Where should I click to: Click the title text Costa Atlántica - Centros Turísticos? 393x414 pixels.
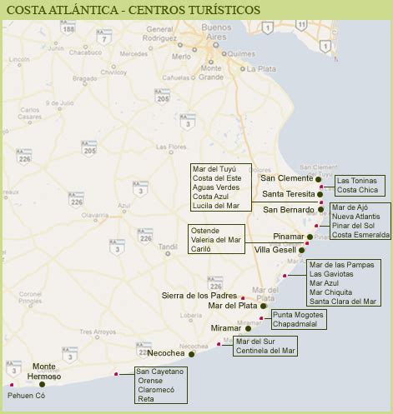[133, 9]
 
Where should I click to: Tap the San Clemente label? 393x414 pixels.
[286, 178]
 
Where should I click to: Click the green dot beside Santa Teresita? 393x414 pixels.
[320, 194]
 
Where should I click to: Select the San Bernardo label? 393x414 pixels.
[289, 209]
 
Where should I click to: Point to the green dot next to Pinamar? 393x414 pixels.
[310, 237]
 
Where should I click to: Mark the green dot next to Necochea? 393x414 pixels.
[191, 354]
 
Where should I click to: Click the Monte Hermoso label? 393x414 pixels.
[47, 372]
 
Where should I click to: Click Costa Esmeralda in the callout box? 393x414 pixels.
[360, 235]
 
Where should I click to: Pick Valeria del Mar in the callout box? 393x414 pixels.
[215, 240]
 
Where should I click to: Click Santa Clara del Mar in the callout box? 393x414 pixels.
[342, 302]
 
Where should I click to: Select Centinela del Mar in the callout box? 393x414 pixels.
[265, 351]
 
